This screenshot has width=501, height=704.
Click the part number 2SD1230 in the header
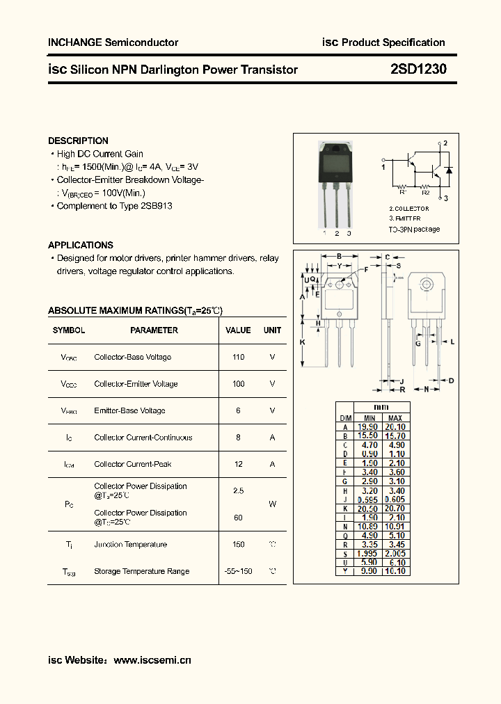tap(419, 70)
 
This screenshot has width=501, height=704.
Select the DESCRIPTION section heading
tap(78, 141)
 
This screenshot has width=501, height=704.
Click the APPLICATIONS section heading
tap(81, 245)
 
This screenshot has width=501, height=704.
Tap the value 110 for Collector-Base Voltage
tap(238, 357)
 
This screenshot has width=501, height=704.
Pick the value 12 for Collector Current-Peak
tap(238, 464)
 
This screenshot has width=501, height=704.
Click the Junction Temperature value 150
tap(238, 545)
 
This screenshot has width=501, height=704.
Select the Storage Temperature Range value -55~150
tap(238, 571)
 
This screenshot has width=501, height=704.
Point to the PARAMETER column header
tap(154, 330)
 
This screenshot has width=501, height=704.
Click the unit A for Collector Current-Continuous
tap(272, 438)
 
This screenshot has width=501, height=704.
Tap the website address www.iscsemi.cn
tap(152, 660)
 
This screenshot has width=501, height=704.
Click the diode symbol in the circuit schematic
tap(448, 170)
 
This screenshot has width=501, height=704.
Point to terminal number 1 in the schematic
tap(383, 167)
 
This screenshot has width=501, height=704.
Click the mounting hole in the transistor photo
tap(336, 148)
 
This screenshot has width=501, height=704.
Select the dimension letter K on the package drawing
tap(303, 342)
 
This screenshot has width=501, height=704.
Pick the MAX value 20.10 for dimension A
tap(395, 427)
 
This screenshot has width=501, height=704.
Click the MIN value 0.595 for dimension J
tap(367, 499)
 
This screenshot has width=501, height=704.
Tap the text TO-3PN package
tap(414, 229)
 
